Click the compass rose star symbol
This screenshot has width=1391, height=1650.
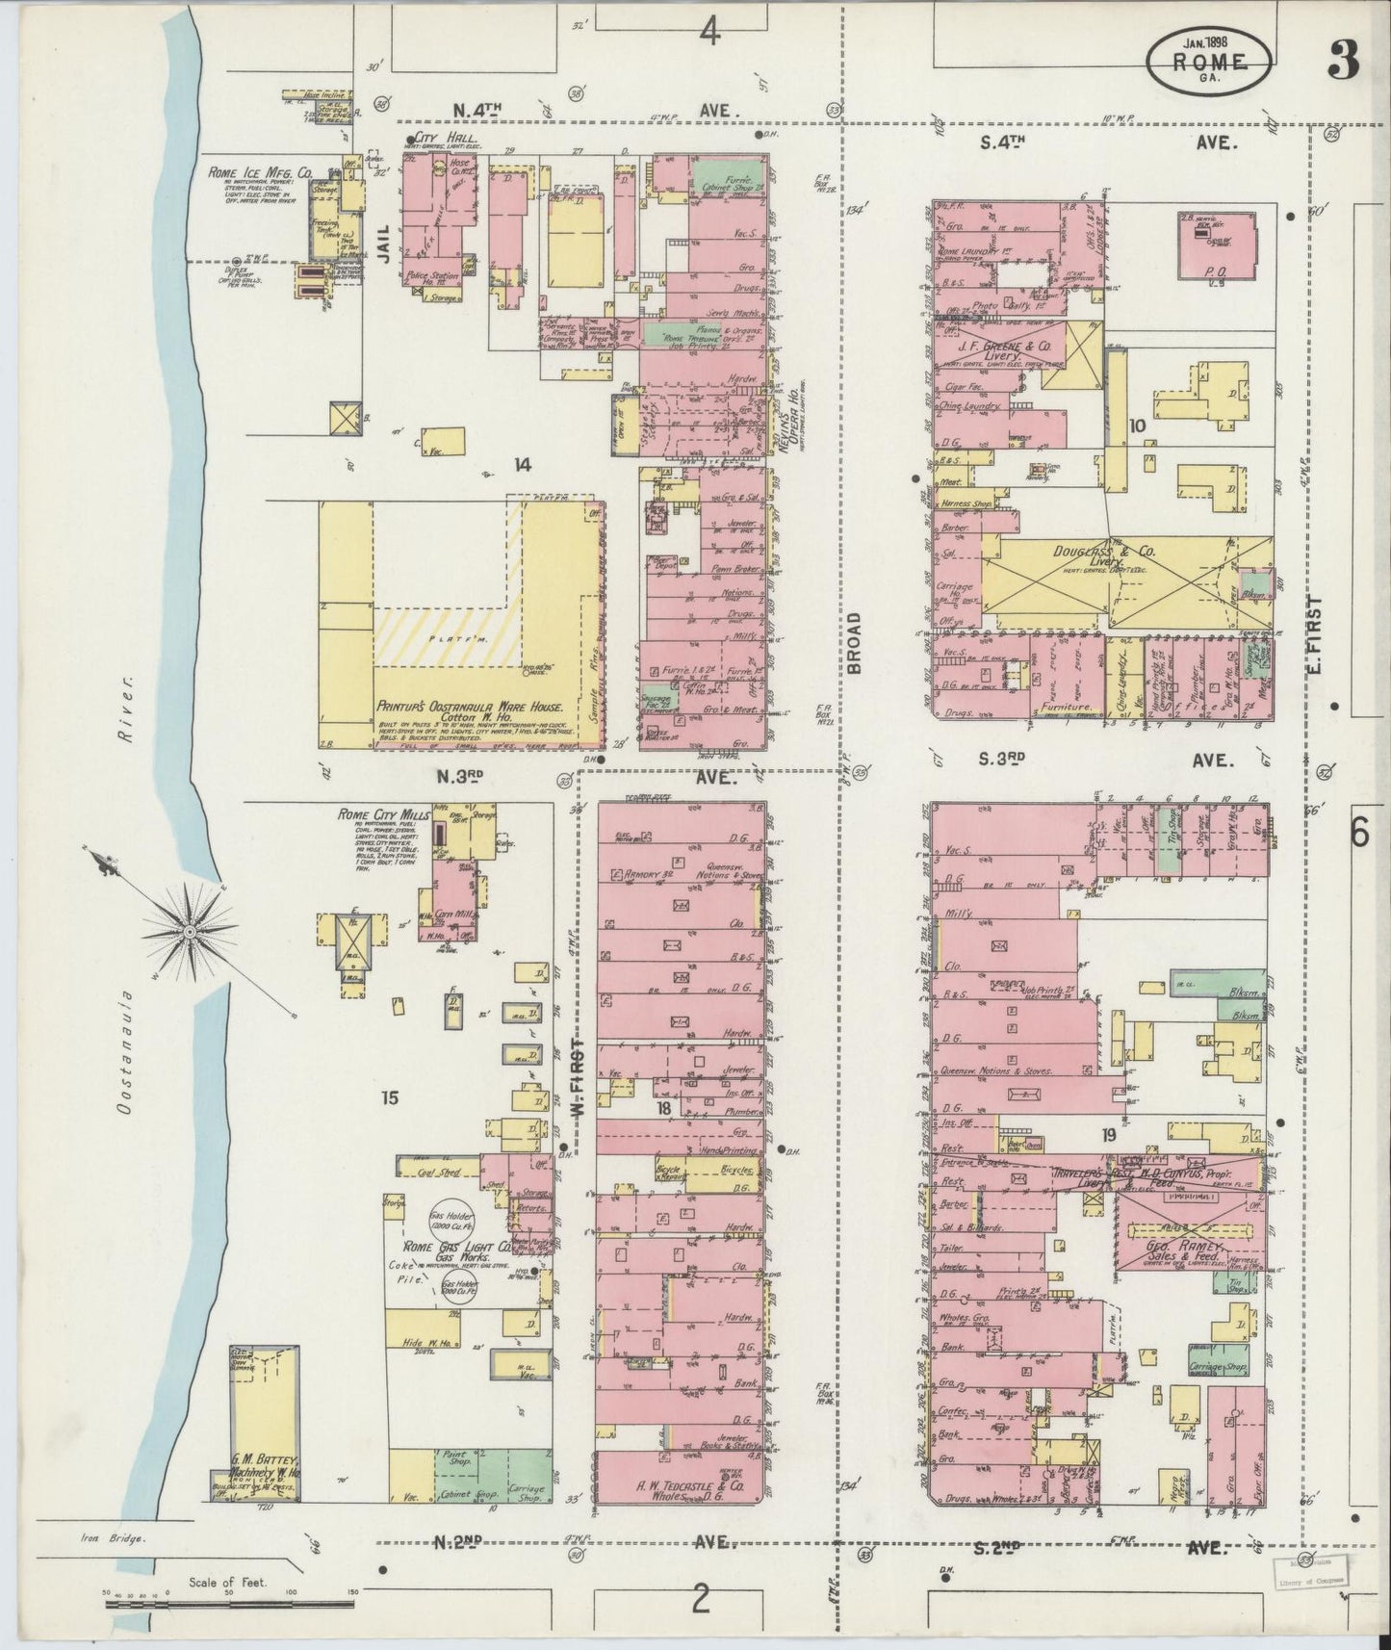pyautogui.click(x=190, y=931)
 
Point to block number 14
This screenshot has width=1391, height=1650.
pyautogui.click(x=522, y=465)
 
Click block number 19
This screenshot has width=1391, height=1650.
pyautogui.click(x=1109, y=1136)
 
